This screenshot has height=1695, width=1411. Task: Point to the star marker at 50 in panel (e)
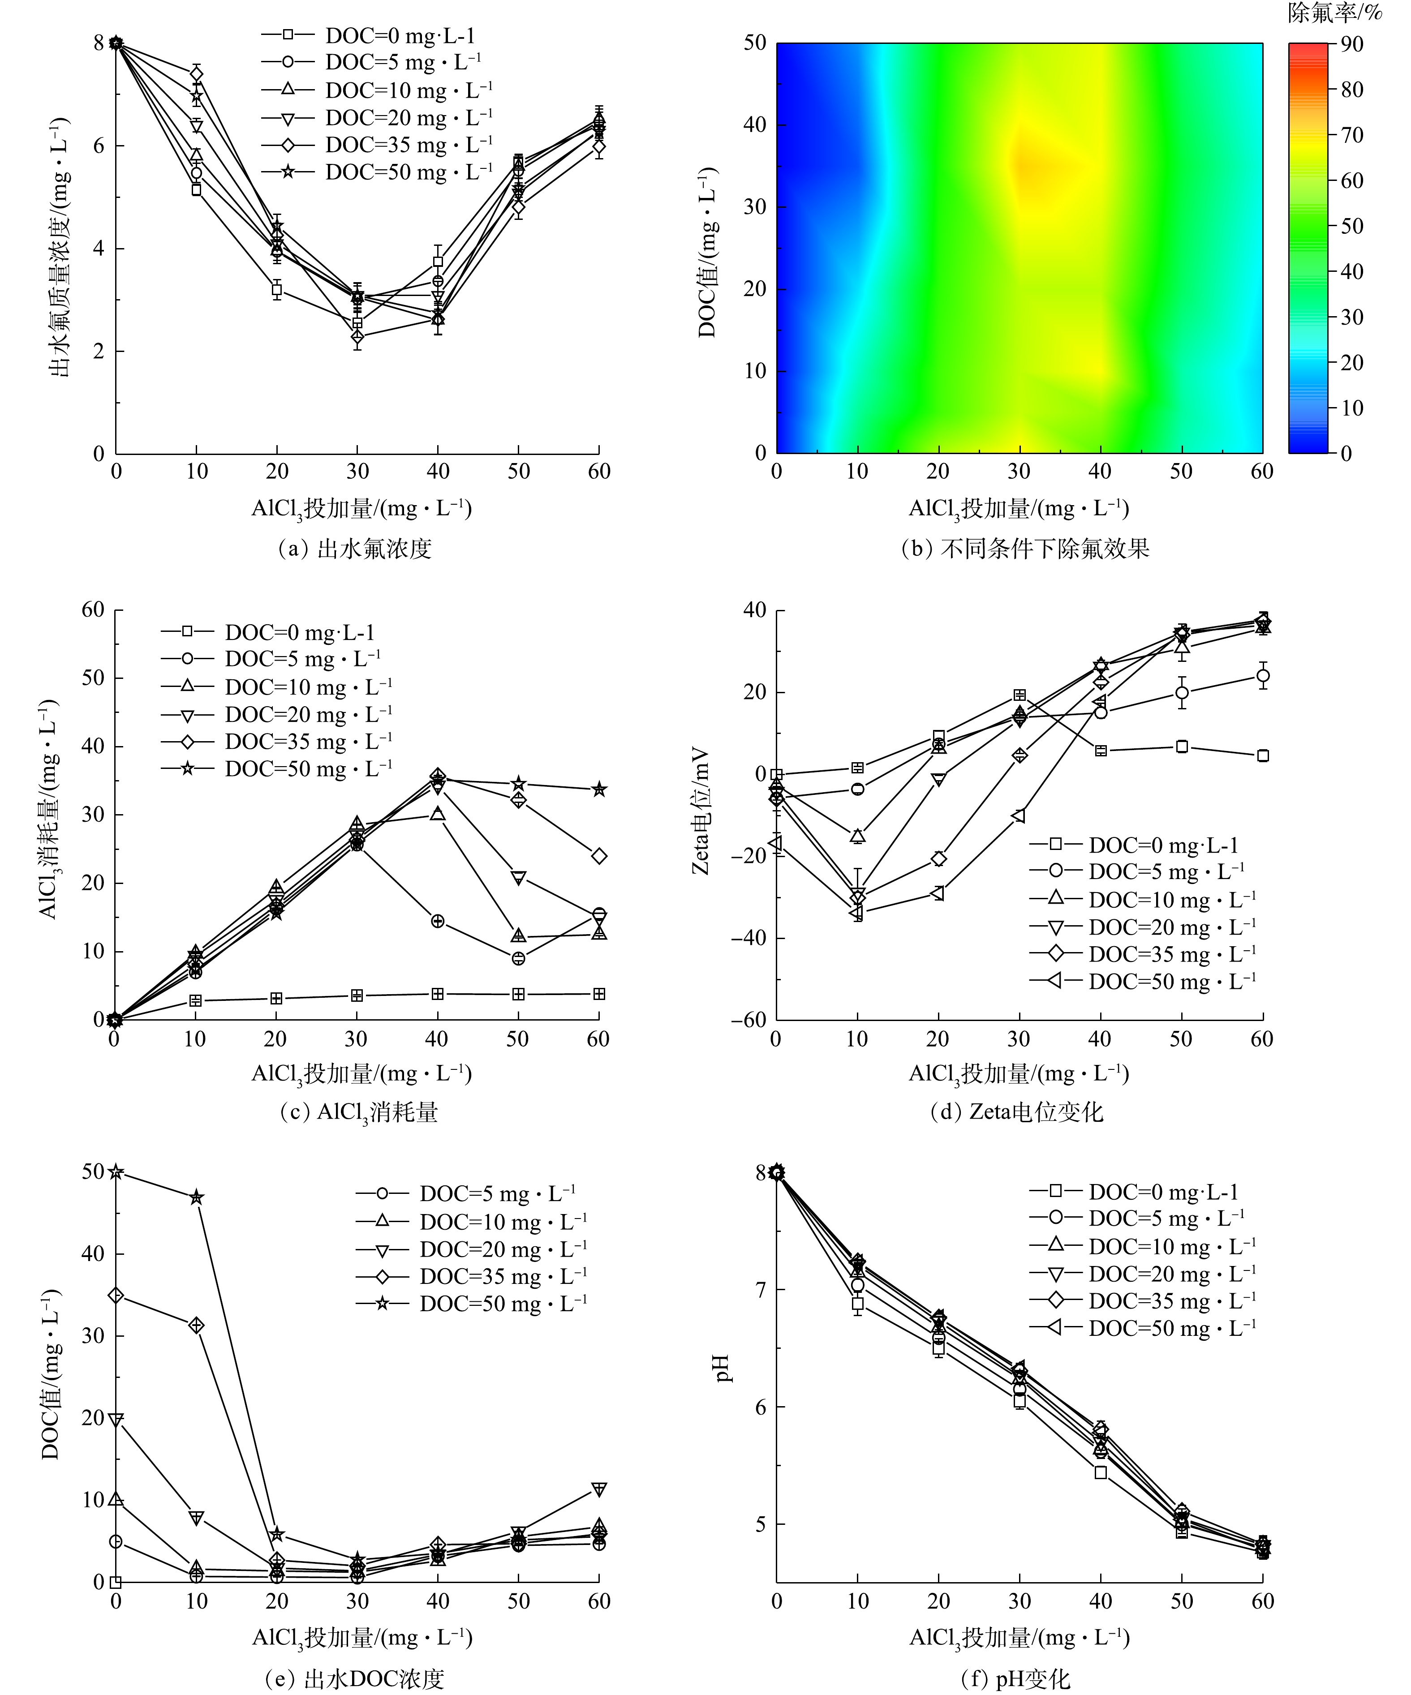coord(116,1172)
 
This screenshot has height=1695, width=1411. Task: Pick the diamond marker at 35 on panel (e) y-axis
coord(116,1296)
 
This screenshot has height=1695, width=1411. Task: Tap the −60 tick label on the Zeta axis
coord(749,1020)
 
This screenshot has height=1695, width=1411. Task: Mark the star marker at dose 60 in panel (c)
coord(598,790)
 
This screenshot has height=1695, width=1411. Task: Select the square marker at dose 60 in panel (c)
coord(598,995)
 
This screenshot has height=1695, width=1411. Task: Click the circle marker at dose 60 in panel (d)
coord(1262,676)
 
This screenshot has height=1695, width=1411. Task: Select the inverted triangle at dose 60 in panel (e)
coord(598,1489)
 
